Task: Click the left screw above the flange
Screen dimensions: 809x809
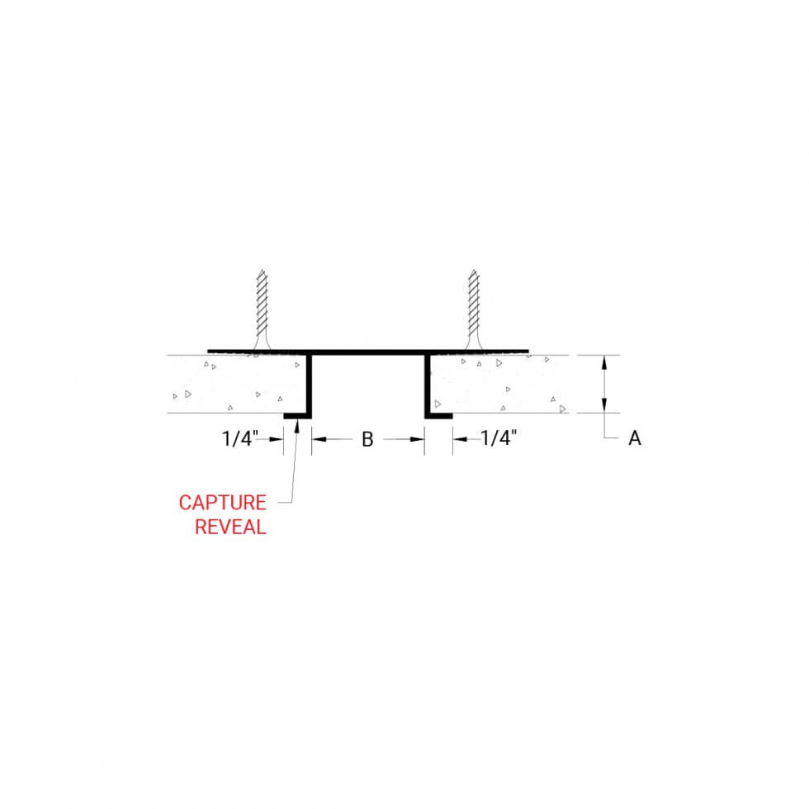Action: click(x=263, y=310)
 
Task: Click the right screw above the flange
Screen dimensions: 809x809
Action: click(x=474, y=310)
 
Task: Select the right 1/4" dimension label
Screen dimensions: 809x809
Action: click(x=499, y=438)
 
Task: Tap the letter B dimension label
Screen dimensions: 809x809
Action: click(x=367, y=439)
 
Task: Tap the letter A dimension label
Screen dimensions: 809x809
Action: click(x=635, y=438)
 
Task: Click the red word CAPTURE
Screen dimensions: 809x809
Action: click(x=222, y=503)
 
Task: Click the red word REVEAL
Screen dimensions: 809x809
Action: click(x=230, y=527)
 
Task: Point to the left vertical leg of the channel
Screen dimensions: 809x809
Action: click(x=309, y=385)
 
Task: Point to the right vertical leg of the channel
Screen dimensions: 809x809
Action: click(x=428, y=385)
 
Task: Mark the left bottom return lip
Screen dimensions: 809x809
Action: click(x=298, y=416)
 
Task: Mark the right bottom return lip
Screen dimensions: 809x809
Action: click(x=438, y=416)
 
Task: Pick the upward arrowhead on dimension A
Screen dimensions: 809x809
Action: click(x=604, y=362)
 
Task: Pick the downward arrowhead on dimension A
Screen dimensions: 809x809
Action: click(x=604, y=405)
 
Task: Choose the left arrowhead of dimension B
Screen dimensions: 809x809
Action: click(x=319, y=439)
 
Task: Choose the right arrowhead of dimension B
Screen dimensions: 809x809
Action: click(x=417, y=439)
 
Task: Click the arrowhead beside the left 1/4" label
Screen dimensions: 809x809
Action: click(x=276, y=439)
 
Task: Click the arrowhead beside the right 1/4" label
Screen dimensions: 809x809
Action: click(x=461, y=439)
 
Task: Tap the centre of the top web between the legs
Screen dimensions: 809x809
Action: click(x=368, y=352)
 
